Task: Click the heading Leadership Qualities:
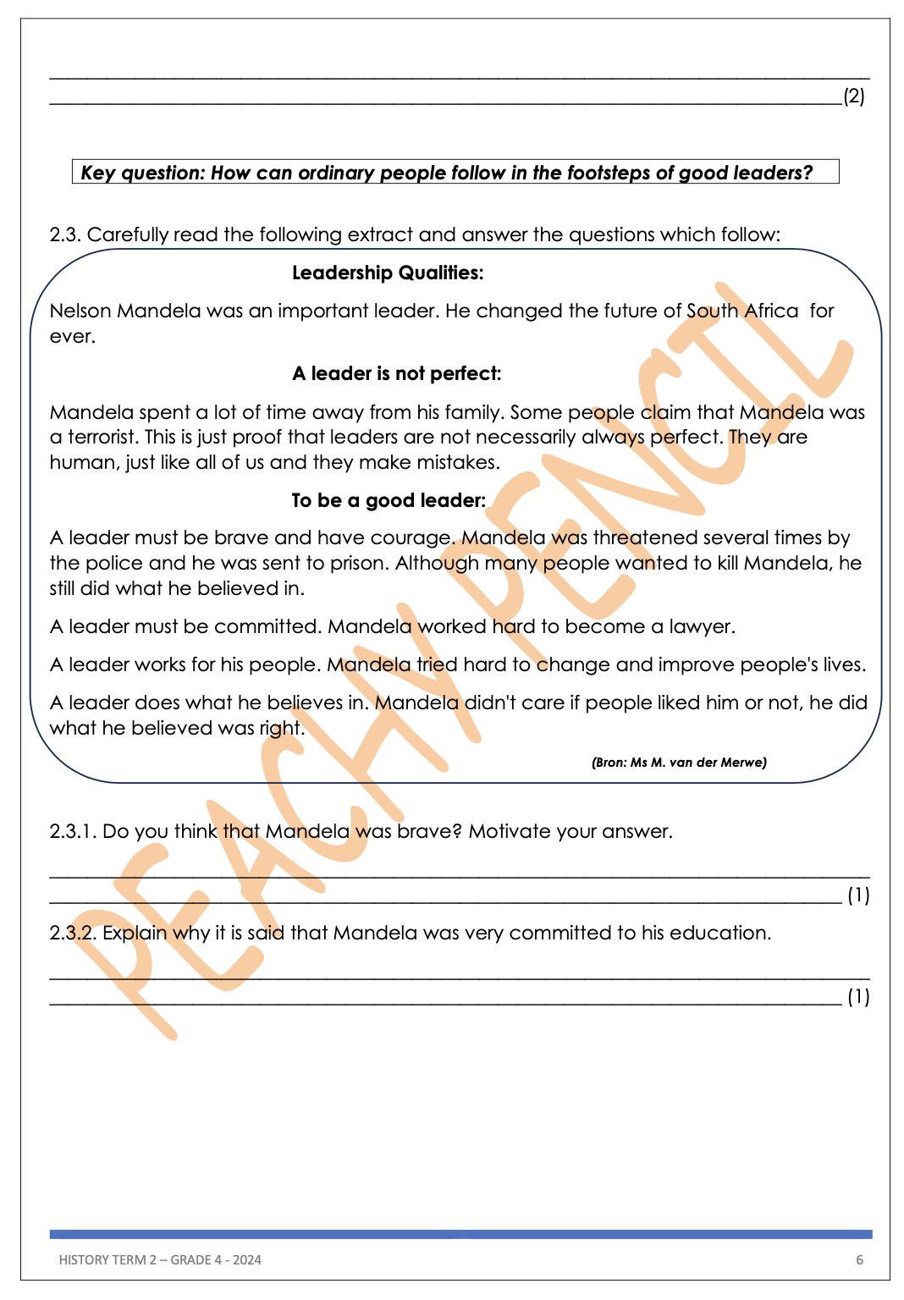388,273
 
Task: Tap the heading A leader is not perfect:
396,374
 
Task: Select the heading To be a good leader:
389,501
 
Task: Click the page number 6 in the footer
859,1260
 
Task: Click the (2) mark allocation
854,96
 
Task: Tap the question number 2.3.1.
73,832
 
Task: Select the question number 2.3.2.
73,934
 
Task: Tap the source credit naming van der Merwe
679,763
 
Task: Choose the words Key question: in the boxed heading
142,174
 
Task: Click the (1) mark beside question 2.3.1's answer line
858,895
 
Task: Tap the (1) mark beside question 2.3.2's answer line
858,997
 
